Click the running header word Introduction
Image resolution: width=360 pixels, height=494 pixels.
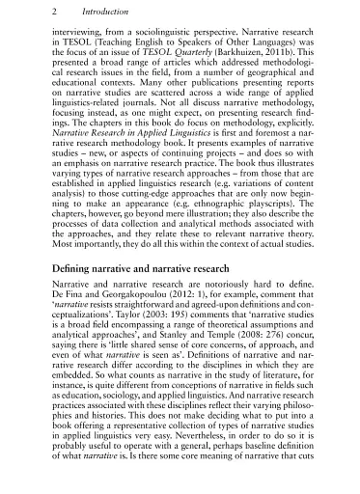pos(86,10)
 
